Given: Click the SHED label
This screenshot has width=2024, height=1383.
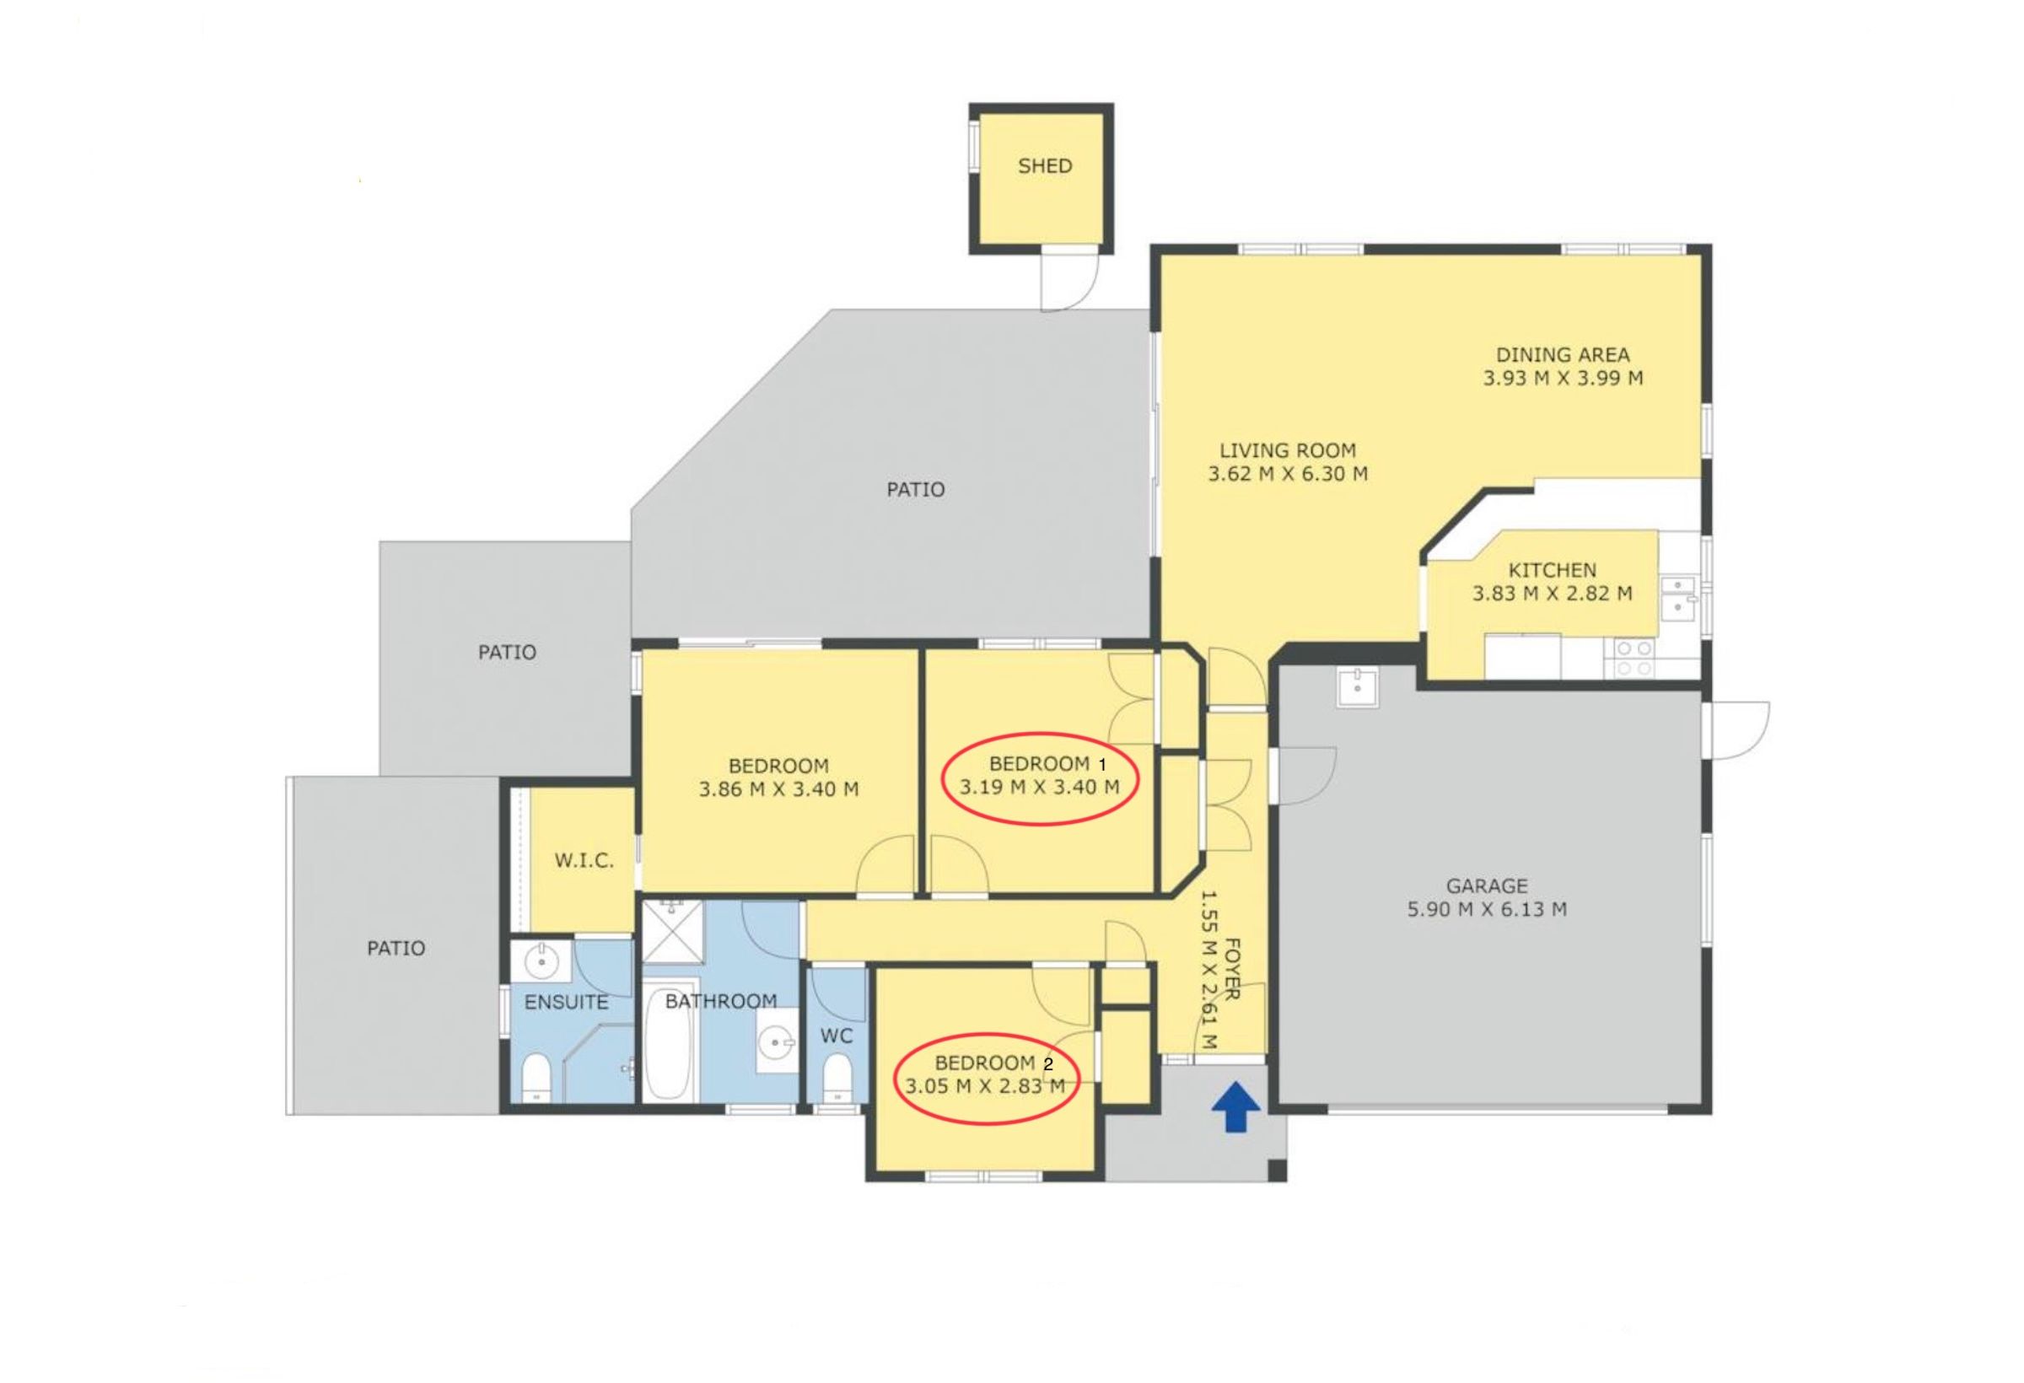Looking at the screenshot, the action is (1044, 165).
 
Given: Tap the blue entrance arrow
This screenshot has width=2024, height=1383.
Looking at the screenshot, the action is (1235, 1106).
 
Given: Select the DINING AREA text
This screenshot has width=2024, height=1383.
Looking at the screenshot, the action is (1563, 354).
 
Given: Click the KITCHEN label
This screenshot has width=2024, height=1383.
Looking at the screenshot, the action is (1552, 570).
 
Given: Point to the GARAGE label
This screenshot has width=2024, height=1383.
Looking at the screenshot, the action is (1487, 885).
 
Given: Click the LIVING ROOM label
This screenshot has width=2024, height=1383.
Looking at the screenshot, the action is (1287, 450).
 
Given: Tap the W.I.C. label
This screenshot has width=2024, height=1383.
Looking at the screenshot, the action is (584, 861).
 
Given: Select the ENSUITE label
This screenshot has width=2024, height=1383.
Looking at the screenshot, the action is (566, 1003).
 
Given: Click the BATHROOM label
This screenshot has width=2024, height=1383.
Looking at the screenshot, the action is (721, 1002).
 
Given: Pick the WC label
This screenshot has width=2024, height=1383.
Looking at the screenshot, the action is (836, 1036).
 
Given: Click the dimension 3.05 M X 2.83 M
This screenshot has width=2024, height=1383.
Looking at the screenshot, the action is (984, 1086).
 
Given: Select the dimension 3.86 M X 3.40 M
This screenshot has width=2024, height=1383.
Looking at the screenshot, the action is (778, 789).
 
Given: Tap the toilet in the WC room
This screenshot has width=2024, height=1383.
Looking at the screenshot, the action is (837, 1079).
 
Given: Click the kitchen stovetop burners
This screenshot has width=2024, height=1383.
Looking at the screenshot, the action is (1634, 659).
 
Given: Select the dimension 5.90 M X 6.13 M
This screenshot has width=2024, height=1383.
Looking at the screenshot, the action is (1487, 909).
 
